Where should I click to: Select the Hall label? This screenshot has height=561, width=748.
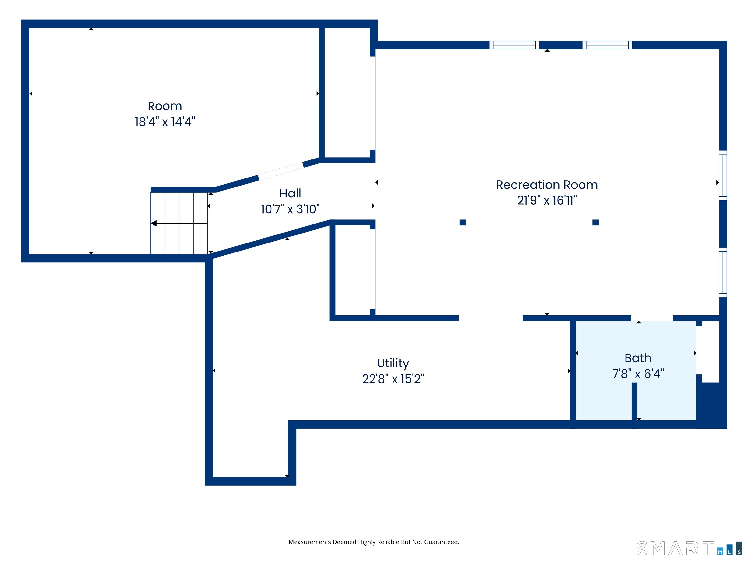click(x=290, y=193)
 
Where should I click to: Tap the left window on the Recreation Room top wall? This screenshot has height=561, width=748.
click(x=514, y=45)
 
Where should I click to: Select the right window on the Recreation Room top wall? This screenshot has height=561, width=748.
click(x=607, y=45)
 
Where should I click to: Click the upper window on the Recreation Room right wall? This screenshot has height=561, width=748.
click(x=723, y=175)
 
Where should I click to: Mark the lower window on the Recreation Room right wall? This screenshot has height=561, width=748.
click(x=723, y=272)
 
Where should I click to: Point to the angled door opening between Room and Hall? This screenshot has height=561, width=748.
click(x=281, y=171)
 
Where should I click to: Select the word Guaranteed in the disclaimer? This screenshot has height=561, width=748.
click(x=441, y=542)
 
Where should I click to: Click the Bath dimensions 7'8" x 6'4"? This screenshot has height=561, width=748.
click(x=638, y=374)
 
